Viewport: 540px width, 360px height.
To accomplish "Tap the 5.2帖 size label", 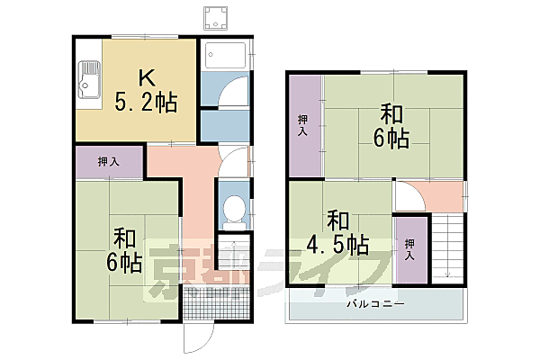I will [144, 103].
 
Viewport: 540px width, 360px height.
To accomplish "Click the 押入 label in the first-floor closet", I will [109, 162].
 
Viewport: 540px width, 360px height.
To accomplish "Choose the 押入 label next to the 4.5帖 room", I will [410, 250].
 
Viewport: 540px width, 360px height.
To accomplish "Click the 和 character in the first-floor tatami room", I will [125, 238].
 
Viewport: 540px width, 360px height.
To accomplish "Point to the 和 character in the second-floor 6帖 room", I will [391, 114].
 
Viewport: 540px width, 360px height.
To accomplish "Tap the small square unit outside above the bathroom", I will [215, 17].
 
